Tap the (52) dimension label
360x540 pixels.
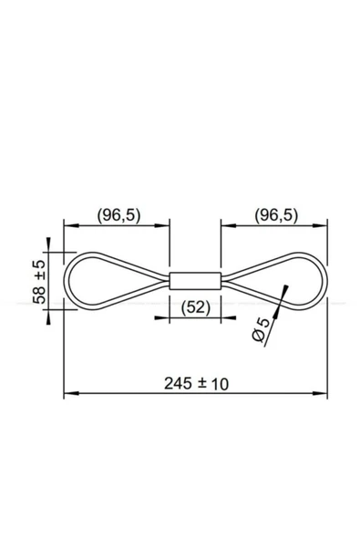click(x=195, y=307)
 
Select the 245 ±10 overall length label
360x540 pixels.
click(x=196, y=383)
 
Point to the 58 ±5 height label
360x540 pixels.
click(x=39, y=282)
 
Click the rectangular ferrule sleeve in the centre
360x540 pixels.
click(x=195, y=281)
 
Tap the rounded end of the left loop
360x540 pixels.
click(x=67, y=281)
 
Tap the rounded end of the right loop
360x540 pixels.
click(x=324, y=281)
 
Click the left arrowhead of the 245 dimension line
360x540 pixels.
click(x=71, y=393)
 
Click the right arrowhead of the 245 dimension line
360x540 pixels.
click(x=319, y=393)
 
